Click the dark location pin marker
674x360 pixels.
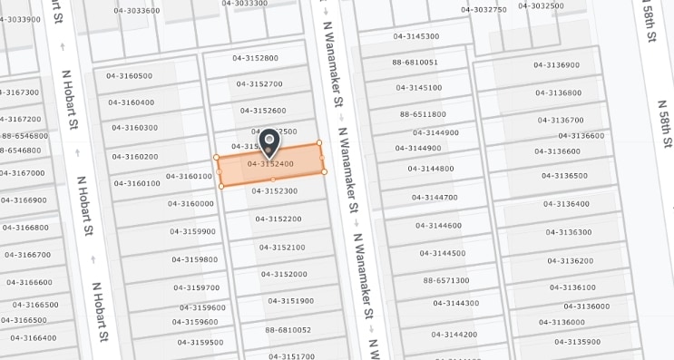[269, 142]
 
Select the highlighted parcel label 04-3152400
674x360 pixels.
[270, 164]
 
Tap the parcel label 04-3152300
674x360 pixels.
[274, 191]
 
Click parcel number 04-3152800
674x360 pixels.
[255, 58]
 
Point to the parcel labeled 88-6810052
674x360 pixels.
[288, 330]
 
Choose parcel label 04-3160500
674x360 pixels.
[130, 76]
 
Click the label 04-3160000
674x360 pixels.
[190, 204]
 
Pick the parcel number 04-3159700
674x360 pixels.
[197, 287]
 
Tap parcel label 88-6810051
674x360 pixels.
[415, 63]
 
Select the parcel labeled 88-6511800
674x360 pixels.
[423, 114]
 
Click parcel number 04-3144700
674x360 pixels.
[435, 198]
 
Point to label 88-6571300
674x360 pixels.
[446, 281]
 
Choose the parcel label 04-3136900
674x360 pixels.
[556, 65]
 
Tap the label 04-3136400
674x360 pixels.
[566, 204]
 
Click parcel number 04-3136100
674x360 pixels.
[572, 287]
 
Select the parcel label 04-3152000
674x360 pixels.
[284, 274]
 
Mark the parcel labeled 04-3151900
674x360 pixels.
[290, 301]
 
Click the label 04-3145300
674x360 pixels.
[416, 36]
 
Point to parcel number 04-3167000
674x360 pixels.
[22, 173]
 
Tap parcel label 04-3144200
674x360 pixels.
[454, 335]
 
